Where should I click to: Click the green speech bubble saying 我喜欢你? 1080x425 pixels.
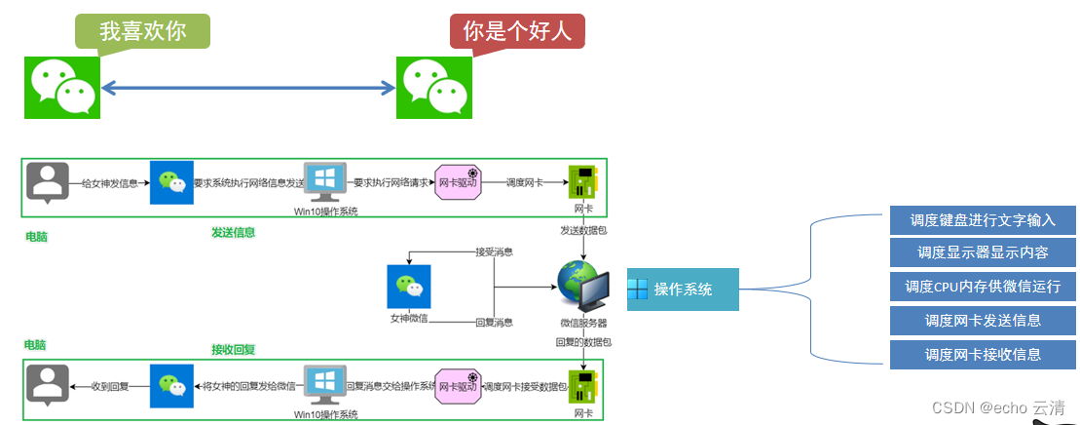(142, 30)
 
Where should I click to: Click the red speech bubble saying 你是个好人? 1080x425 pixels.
(517, 30)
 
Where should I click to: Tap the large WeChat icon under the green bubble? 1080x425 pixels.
(62, 87)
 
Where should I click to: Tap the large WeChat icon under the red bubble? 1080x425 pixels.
(433, 87)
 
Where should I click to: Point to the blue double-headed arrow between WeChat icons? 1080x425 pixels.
(247, 89)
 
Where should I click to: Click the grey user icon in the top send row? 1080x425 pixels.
(48, 182)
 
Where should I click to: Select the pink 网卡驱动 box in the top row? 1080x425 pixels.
(458, 182)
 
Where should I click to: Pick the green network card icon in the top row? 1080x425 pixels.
(582, 182)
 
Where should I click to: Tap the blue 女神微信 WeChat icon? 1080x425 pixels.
(409, 287)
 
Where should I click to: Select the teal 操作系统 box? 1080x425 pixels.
(683, 290)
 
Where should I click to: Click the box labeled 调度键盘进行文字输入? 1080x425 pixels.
(983, 219)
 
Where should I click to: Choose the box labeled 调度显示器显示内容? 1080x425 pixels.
(983, 252)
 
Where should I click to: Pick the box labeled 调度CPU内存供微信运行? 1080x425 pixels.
(983, 287)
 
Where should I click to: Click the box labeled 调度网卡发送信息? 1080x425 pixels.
(983, 320)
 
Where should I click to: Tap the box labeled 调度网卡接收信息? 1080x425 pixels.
(983, 354)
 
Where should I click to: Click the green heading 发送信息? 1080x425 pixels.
(234, 232)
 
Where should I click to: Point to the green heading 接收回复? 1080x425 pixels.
(234, 349)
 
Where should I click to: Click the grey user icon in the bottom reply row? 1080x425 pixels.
(48, 385)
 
